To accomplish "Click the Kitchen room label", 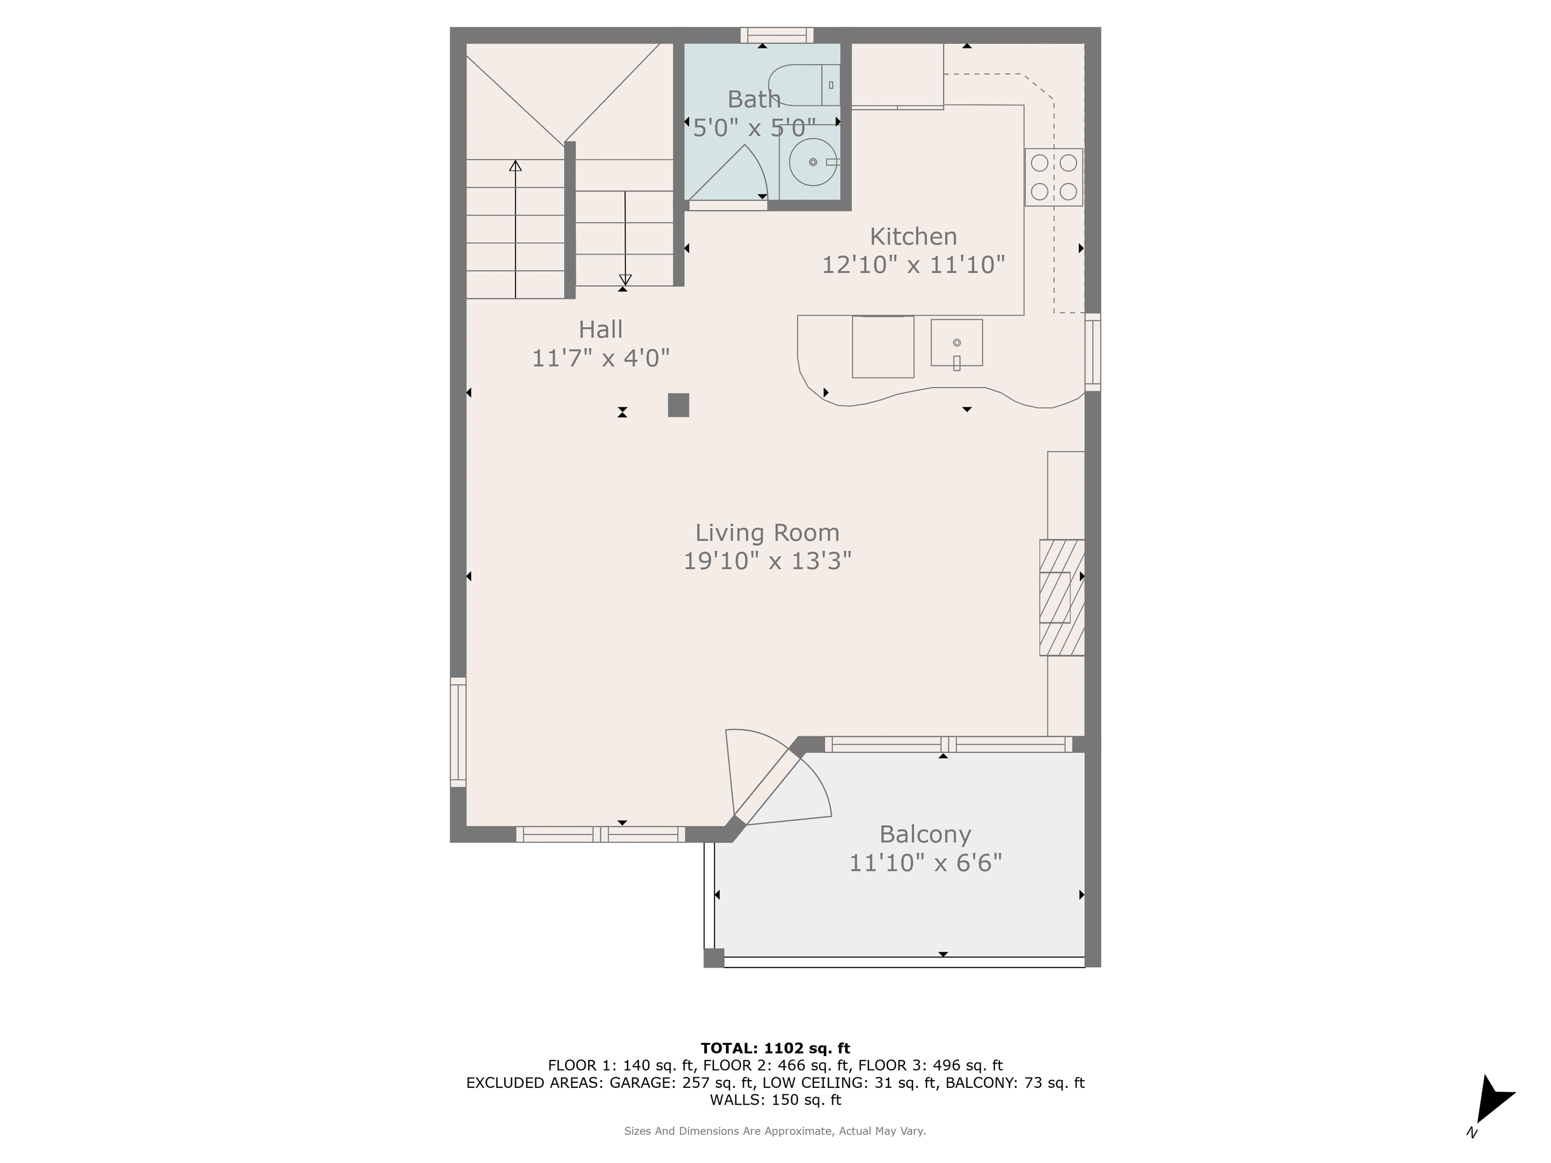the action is [913, 236].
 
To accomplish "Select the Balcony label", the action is [925, 834].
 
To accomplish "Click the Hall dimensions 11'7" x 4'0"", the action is [601, 358].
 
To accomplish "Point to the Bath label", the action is [754, 99].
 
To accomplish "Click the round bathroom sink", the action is [813, 162].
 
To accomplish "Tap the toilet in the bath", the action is [804, 85].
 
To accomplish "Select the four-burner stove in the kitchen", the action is [1054, 177].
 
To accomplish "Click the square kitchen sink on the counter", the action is [956, 343].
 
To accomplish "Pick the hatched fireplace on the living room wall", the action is [1062, 597].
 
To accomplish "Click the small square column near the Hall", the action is [678, 405].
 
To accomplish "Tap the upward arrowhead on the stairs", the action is [515, 166].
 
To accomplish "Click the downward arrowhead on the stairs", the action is [625, 279].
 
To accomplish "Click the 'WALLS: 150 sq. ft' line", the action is [775, 1100].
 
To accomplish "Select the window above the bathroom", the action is [777, 35].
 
